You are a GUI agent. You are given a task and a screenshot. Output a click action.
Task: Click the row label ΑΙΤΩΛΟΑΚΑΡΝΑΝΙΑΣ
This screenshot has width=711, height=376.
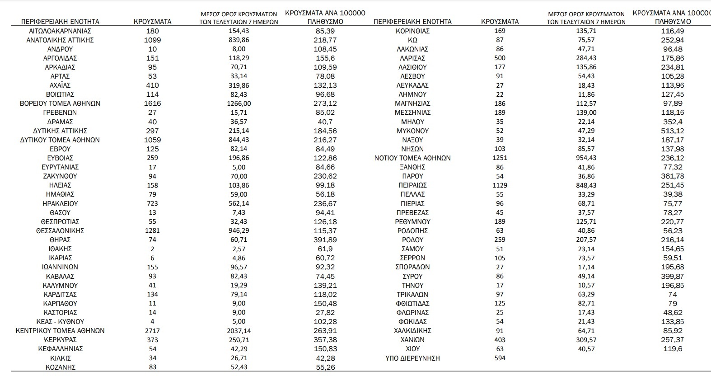(60, 31)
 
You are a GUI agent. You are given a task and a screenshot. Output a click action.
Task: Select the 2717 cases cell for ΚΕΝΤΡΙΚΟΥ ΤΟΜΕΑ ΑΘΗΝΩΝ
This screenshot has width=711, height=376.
(153, 330)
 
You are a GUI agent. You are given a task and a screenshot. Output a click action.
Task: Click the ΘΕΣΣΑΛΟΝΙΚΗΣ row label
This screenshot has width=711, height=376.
(60, 230)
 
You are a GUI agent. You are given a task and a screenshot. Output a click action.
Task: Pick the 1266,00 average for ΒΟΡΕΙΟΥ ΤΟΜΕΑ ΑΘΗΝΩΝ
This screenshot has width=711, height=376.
(239, 103)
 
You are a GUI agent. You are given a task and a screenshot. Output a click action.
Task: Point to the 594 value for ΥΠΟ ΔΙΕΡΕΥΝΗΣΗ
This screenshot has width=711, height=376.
(500, 358)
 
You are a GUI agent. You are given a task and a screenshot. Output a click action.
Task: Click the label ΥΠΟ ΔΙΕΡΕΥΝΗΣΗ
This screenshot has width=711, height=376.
(412, 358)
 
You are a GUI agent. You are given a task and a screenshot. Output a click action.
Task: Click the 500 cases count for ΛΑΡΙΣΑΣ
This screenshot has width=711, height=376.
(500, 58)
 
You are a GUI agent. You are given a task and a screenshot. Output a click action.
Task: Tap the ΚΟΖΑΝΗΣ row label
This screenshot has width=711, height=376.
(60, 367)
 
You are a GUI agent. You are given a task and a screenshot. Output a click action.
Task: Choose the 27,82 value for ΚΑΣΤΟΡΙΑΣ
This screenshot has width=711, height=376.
(325, 312)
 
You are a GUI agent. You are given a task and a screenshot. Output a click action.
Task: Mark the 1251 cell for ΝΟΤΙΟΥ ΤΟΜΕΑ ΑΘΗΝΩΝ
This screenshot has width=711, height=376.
(500, 158)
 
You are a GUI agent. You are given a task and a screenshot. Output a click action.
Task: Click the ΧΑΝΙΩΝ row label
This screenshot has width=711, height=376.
(412, 340)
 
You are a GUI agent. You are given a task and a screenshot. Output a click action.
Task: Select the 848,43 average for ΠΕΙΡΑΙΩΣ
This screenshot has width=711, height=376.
(586, 185)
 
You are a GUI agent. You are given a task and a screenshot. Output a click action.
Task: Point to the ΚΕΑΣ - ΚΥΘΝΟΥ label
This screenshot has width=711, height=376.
(60, 322)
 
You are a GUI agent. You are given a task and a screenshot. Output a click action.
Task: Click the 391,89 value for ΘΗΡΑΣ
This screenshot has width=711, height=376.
(325, 240)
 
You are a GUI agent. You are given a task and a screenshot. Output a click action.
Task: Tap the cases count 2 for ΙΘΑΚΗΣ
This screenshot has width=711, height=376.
(153, 249)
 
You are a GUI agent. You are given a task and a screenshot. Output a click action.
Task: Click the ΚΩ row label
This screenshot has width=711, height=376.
(412, 40)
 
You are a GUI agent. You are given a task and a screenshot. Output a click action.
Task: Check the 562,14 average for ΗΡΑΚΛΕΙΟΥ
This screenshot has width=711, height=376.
(239, 203)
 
